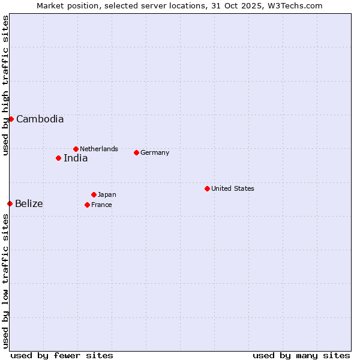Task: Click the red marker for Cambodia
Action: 11,119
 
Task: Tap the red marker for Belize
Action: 10,204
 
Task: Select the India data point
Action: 58,158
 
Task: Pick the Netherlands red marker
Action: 76,149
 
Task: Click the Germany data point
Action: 136,152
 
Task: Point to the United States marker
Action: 207,188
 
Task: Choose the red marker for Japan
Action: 94,194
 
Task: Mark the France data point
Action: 87,205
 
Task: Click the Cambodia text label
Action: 40,119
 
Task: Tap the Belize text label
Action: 29,204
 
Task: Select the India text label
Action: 76,158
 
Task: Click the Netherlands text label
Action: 99,149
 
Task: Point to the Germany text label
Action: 155,152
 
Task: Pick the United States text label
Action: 233,188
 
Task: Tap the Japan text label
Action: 107,194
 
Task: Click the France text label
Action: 101,205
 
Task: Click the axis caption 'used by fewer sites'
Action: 62,355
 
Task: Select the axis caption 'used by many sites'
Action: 301,355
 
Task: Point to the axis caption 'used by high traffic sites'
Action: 5,85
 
